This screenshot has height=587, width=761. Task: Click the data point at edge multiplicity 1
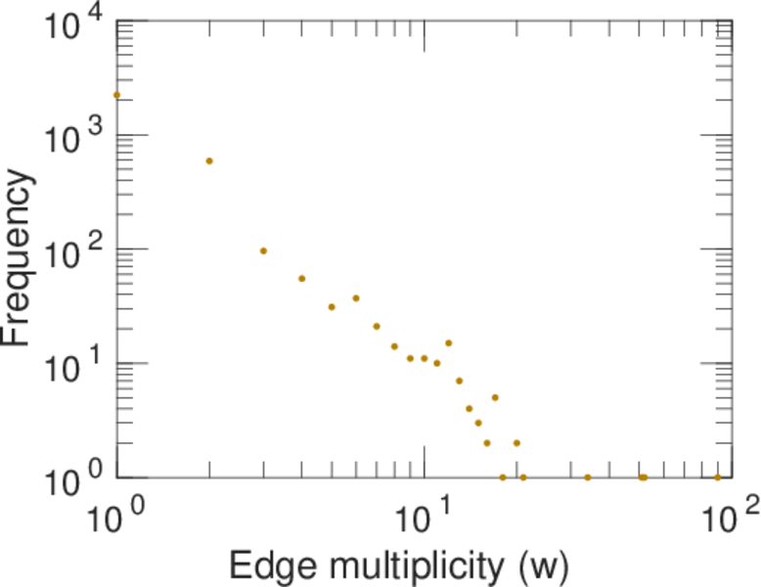click(x=116, y=95)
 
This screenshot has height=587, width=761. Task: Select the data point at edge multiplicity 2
click(x=209, y=160)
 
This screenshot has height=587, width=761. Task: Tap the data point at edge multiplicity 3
click(x=263, y=250)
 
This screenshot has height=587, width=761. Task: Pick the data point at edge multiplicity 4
click(x=302, y=278)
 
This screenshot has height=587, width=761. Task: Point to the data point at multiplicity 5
click(x=332, y=306)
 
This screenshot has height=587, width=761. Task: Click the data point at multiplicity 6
click(x=356, y=297)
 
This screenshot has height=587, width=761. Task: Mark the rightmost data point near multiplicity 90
click(x=717, y=477)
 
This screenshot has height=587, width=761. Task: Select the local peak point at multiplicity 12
click(x=448, y=342)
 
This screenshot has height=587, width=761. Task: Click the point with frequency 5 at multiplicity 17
click(x=495, y=397)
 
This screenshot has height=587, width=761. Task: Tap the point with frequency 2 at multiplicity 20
click(x=516, y=443)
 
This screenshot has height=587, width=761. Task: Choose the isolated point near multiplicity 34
click(x=587, y=477)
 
